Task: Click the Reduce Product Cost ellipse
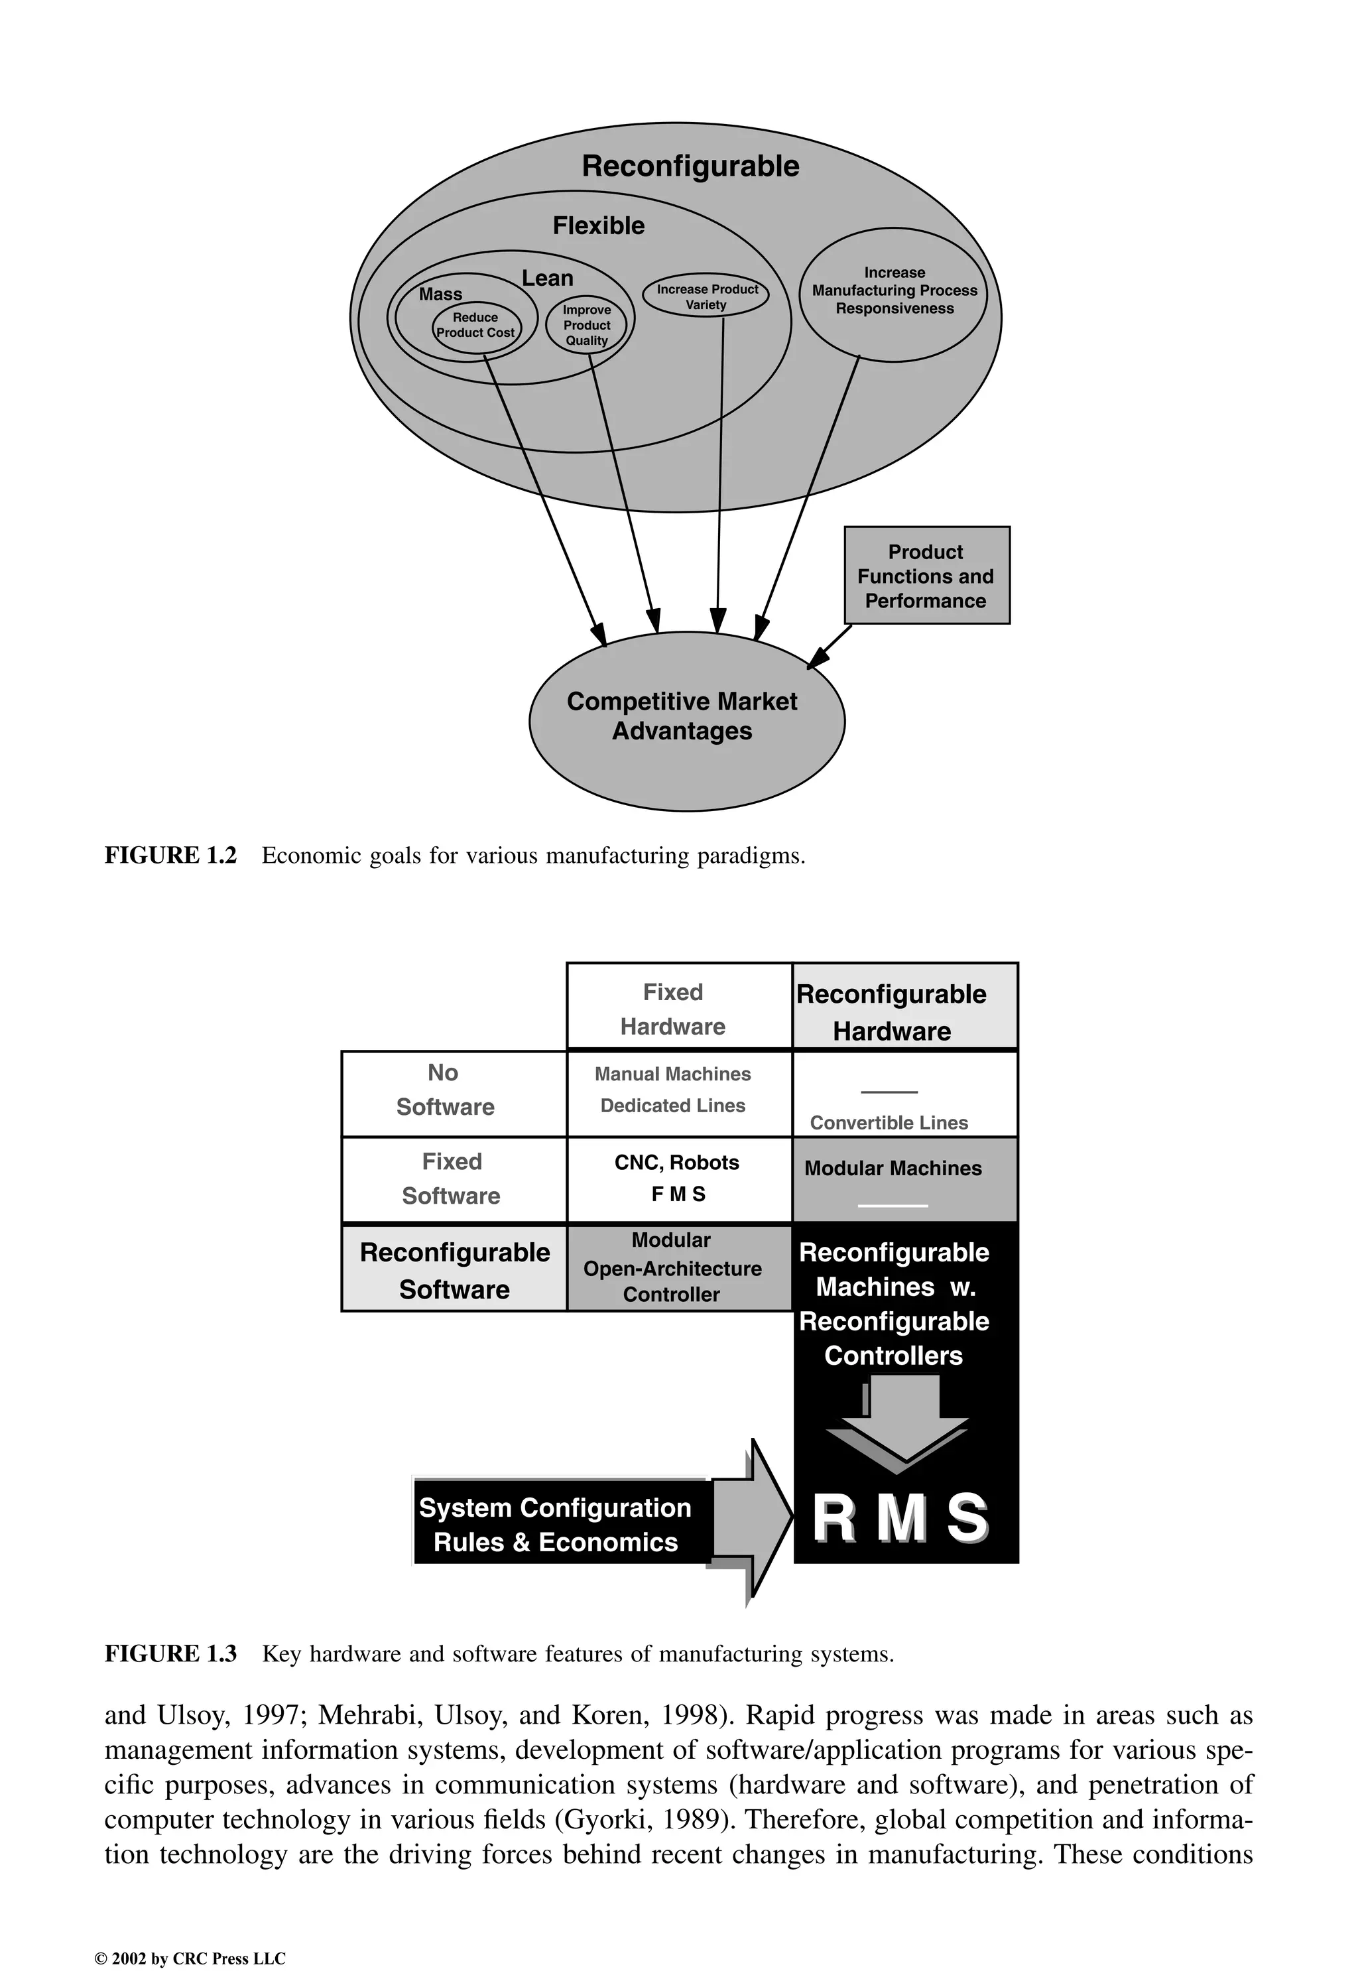475,326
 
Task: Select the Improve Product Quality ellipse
587,326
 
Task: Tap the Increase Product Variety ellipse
706,296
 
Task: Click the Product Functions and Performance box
927,576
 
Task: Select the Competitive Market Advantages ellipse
683,718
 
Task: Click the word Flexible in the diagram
599,225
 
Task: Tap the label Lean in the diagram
548,279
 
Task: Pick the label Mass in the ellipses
441,294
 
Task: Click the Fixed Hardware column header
674,1009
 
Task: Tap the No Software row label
445,1090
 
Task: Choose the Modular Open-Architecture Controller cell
673,1267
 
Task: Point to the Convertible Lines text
889,1122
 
